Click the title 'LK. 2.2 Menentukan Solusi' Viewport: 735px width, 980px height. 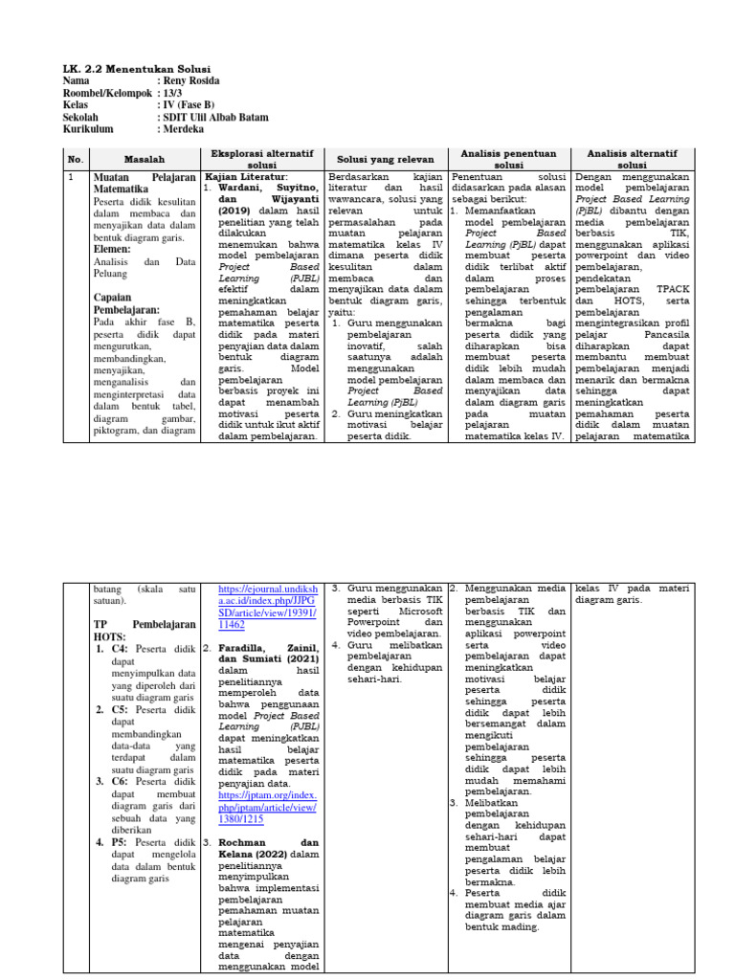[135, 69]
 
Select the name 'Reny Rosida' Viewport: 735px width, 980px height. [190, 82]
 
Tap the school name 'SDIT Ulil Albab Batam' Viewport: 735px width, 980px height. [214, 117]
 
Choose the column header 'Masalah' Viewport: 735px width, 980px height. [145, 159]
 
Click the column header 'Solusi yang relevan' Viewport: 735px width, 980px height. [385, 159]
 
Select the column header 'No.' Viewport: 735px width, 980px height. [76, 159]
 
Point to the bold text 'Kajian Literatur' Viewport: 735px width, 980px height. [246, 178]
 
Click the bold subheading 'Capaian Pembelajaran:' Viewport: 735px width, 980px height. [126, 303]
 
